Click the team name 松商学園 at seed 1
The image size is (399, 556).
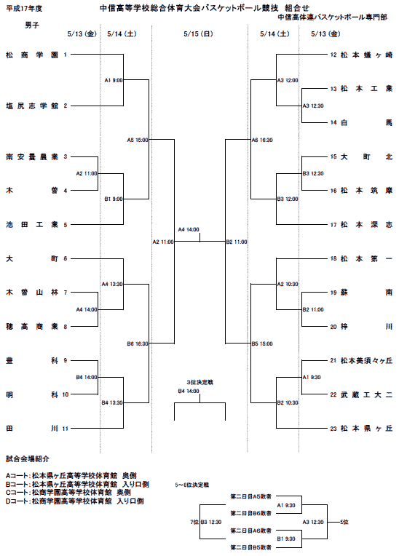(x=32, y=55)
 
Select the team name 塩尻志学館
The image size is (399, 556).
(x=32, y=106)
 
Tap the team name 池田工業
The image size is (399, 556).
(x=32, y=224)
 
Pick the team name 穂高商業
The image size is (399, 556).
(x=32, y=327)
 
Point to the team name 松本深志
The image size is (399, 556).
(x=367, y=224)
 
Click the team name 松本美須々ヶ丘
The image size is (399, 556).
(x=367, y=361)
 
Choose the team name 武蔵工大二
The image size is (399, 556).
(x=367, y=394)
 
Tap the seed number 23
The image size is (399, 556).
(x=333, y=429)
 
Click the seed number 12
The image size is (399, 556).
(x=333, y=55)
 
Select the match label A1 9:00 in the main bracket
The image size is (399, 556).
(x=114, y=81)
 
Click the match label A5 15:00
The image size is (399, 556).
(x=138, y=140)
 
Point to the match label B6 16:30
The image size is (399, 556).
(x=138, y=343)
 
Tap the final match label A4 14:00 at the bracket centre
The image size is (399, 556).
(x=189, y=230)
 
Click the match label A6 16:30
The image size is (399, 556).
(x=262, y=140)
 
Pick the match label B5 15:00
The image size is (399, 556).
(x=262, y=343)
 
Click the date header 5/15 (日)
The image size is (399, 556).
(x=198, y=34)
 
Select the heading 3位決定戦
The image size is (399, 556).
(x=200, y=382)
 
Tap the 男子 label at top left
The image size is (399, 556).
(x=32, y=25)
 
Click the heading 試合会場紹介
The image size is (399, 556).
(x=28, y=458)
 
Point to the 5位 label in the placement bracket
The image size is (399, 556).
(x=344, y=522)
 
